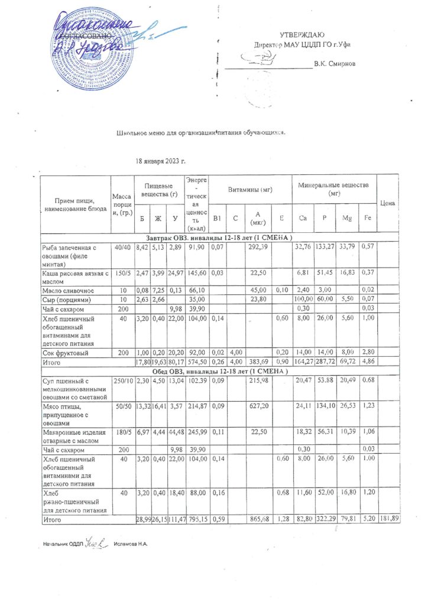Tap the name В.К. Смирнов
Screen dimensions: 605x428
tap(335, 63)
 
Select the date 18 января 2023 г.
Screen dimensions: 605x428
tap(161, 161)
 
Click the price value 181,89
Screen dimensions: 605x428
tap(387, 519)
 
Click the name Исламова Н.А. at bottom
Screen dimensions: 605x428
tap(130, 543)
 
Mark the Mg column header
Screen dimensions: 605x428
tap(347, 219)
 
